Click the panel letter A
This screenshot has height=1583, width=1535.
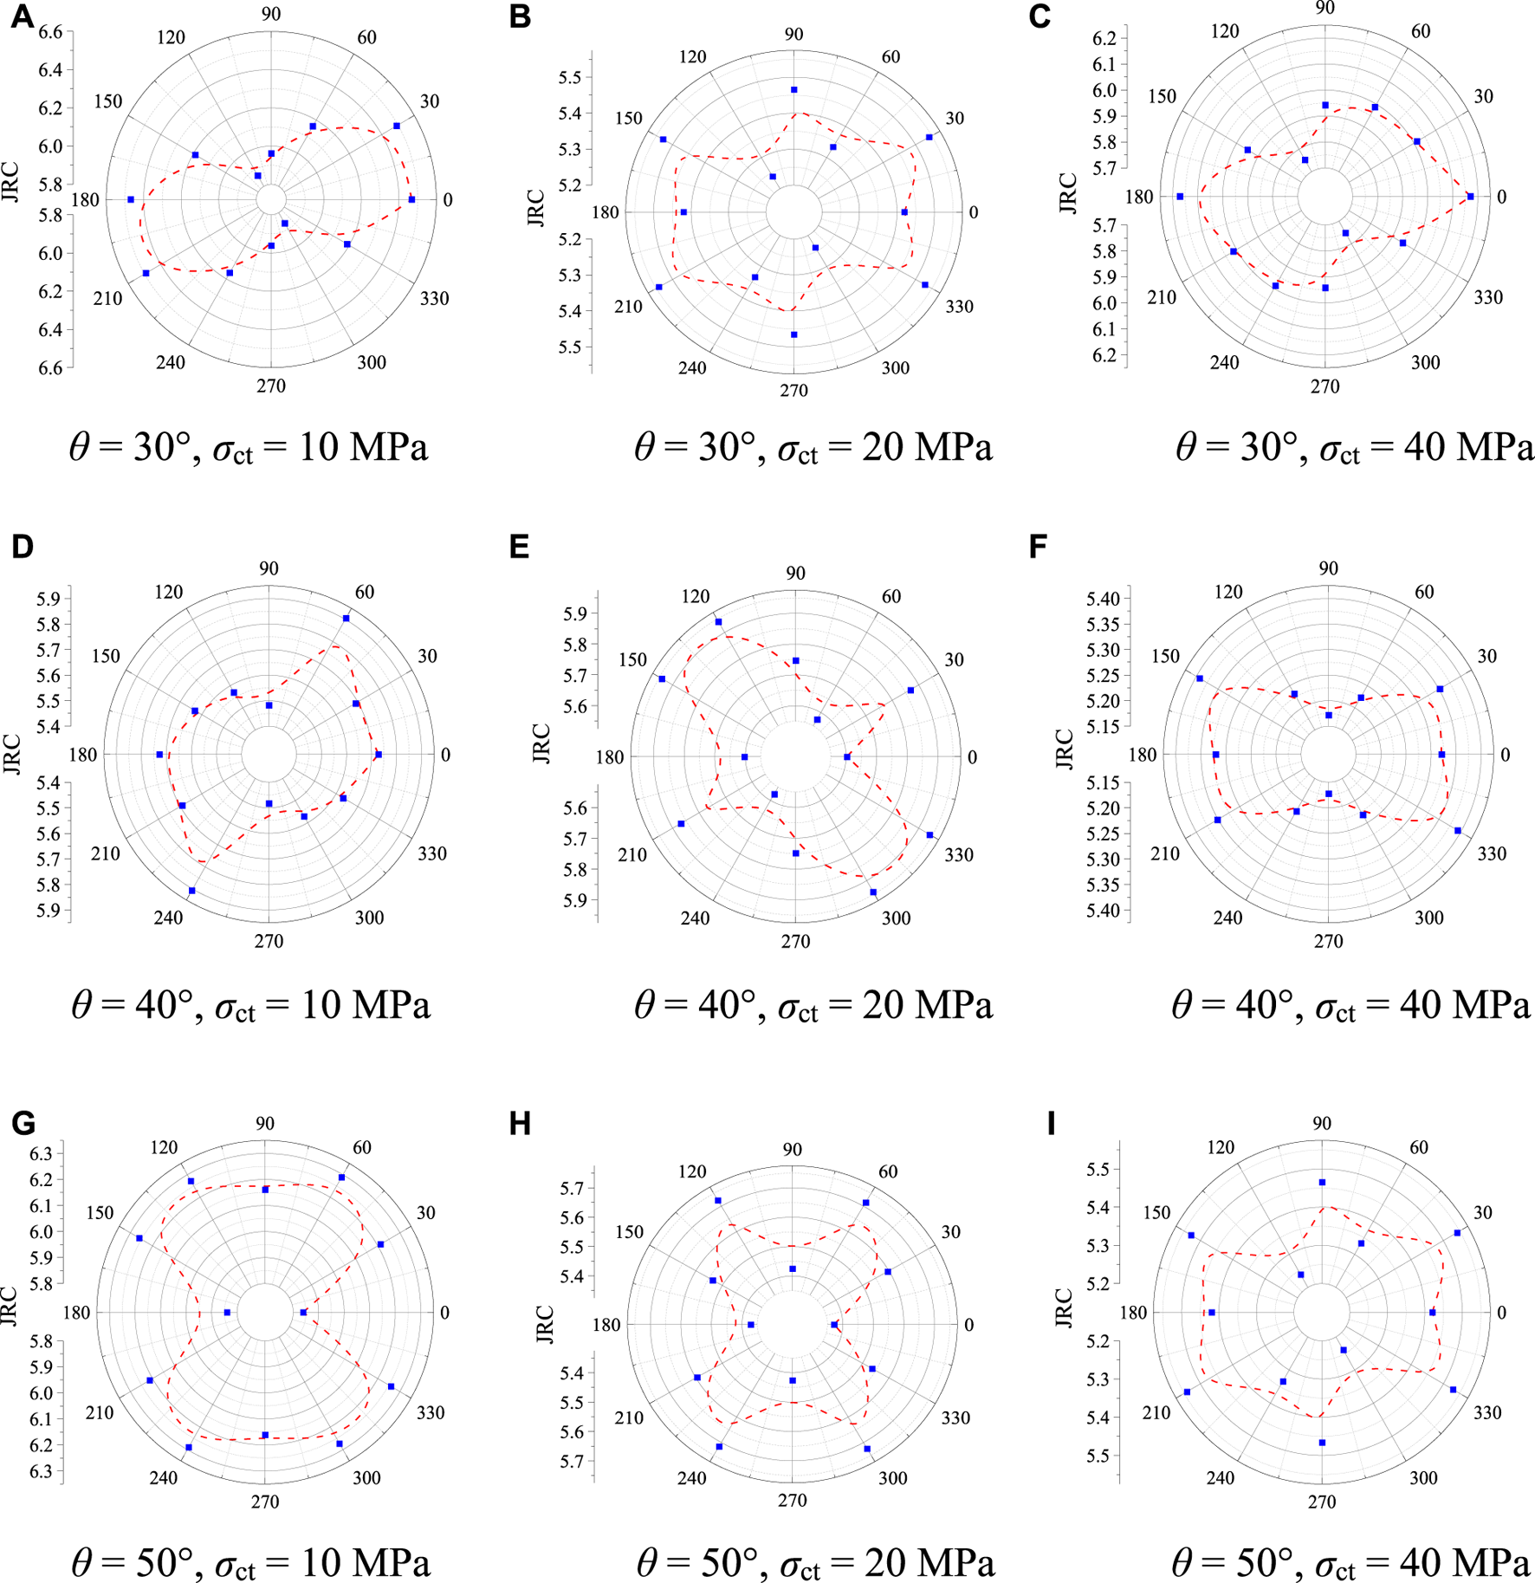pyautogui.click(x=22, y=16)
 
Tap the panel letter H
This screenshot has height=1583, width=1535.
pyautogui.click(x=520, y=1125)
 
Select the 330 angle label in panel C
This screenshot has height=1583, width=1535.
pyautogui.click(x=1488, y=297)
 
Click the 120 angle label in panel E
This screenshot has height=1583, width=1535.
pyautogui.click(x=695, y=596)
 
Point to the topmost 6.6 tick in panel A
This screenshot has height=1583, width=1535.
pyautogui.click(x=50, y=32)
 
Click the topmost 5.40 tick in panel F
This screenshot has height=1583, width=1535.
pyautogui.click(x=1102, y=598)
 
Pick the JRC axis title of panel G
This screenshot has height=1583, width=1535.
pyautogui.click(x=10, y=1307)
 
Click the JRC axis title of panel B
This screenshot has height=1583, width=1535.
pyautogui.click(x=537, y=208)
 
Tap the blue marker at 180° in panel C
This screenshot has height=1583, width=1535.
pyautogui.click(x=1180, y=197)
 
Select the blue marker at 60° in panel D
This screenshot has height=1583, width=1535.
pyautogui.click(x=346, y=618)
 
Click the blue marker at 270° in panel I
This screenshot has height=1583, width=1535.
pyautogui.click(x=1322, y=1443)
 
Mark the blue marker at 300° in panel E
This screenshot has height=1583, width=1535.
pyautogui.click(x=873, y=892)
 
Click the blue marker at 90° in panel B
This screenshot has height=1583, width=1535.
pyautogui.click(x=793, y=90)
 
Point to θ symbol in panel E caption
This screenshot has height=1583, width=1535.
pyautogui.click(x=644, y=1004)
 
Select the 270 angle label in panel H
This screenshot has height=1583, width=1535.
pyautogui.click(x=792, y=1500)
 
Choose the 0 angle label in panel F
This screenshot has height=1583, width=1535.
pyautogui.click(x=1506, y=755)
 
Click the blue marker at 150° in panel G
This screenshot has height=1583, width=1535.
pyautogui.click(x=139, y=1238)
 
